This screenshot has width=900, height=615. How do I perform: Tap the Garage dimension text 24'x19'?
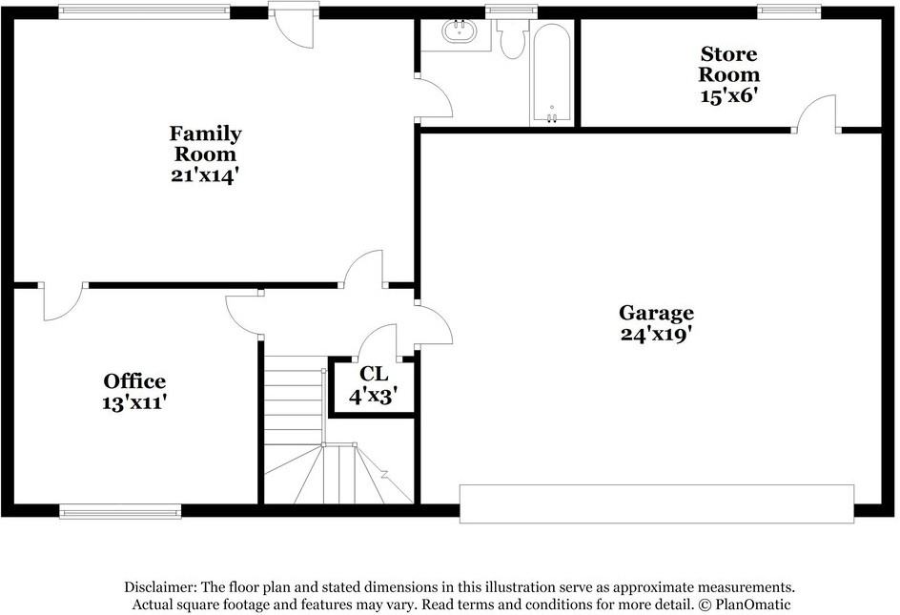pos(656,334)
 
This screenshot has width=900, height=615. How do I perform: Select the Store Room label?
pos(729,64)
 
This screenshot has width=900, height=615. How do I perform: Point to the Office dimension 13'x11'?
pos(134,402)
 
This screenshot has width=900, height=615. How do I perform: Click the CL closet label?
pos(374,373)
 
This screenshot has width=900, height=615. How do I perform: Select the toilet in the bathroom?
pos(512,38)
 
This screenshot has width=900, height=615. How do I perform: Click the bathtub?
pos(551,72)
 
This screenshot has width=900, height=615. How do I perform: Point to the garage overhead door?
pos(656,502)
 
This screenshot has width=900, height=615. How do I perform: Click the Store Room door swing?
pos(816,113)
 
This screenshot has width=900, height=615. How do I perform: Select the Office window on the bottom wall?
pos(120,511)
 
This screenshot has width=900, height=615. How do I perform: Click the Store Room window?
pos(789,12)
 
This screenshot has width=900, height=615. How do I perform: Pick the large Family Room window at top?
pos(144,12)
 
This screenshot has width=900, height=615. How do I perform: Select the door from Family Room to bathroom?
pos(430,98)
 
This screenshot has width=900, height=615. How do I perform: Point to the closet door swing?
pos(380,342)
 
